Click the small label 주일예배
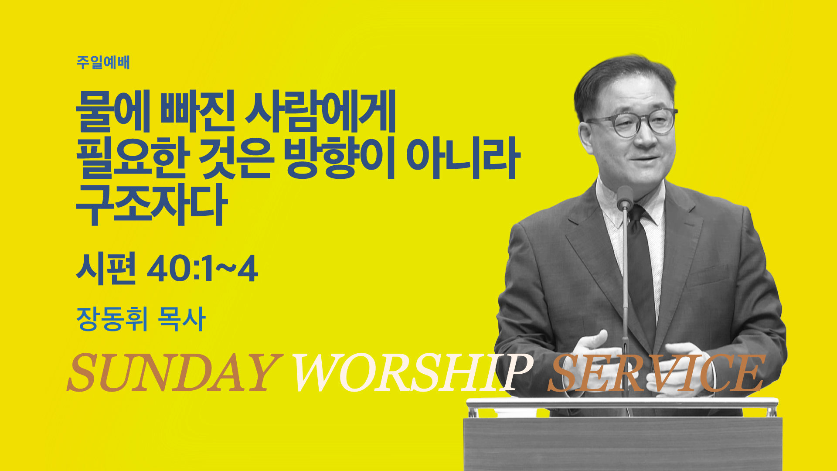pos(103,62)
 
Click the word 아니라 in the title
pos(463,158)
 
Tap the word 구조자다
pos(152,205)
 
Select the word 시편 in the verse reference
pos(106,269)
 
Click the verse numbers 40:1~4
pos(202,270)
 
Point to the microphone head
pos(625,197)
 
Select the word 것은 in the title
pos(237,158)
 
